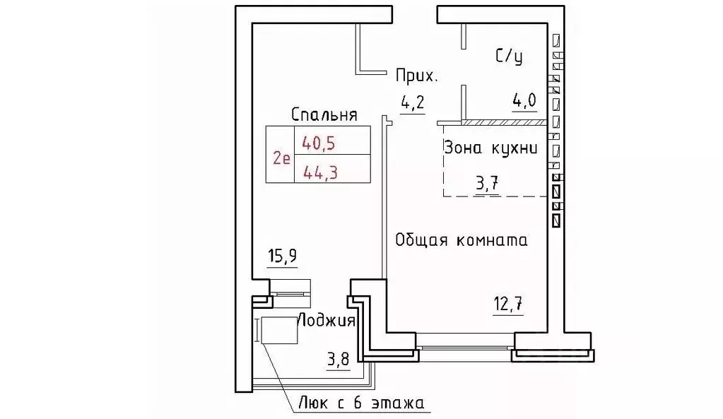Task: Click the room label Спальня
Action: click(324, 114)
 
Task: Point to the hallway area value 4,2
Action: click(412, 103)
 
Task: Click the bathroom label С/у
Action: click(509, 57)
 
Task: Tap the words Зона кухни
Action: click(491, 148)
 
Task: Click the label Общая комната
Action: click(462, 240)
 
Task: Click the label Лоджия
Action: click(326, 320)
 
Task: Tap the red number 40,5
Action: click(318, 142)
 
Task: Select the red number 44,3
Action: click(318, 170)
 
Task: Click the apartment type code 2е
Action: click(281, 157)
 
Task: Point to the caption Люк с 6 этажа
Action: click(360, 404)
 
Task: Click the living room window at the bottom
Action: click(464, 347)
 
